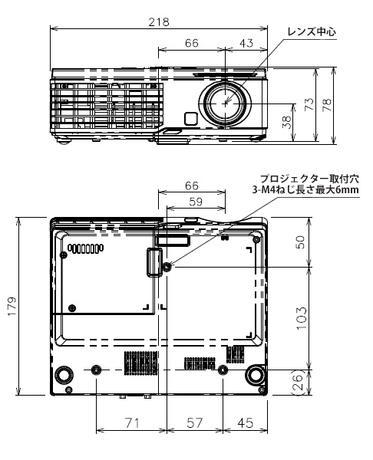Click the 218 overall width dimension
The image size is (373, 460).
pyautogui.click(x=159, y=22)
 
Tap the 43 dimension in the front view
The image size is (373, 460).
pyautogui.click(x=246, y=43)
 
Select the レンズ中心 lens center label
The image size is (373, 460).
pyautogui.click(x=312, y=31)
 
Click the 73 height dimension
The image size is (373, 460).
pyautogui.click(x=309, y=104)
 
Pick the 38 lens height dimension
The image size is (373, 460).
pyautogui.click(x=286, y=121)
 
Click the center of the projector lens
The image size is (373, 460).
pyautogui.click(x=226, y=103)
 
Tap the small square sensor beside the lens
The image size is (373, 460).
pyautogui.click(x=190, y=119)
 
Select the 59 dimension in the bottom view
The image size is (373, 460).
pyautogui.click(x=196, y=202)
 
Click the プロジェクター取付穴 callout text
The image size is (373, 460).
pyautogui.click(x=309, y=179)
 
